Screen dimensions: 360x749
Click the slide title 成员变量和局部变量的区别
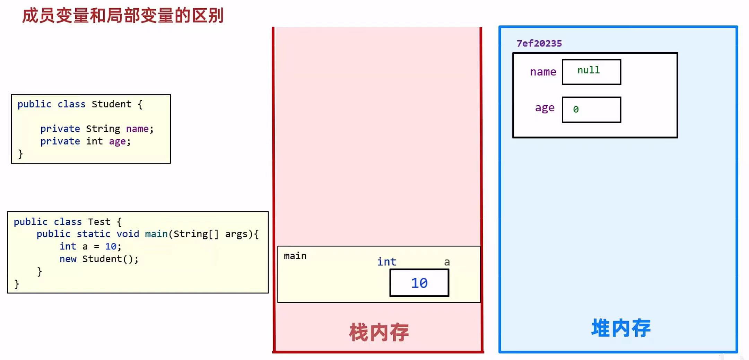click(123, 16)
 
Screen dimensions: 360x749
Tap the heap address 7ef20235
click(539, 43)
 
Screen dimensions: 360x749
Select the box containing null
click(591, 72)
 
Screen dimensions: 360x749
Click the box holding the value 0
click(591, 109)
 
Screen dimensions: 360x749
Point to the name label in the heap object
click(543, 72)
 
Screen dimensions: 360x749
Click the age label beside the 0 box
click(545, 108)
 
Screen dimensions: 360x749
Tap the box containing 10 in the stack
click(419, 283)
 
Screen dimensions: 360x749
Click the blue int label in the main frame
click(386, 262)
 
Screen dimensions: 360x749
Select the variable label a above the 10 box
click(447, 262)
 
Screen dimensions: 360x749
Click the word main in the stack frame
click(295, 256)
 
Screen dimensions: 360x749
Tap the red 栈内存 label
click(379, 332)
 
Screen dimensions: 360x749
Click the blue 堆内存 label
click(621, 328)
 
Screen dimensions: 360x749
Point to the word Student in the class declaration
click(111, 104)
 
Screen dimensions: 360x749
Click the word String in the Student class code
click(103, 129)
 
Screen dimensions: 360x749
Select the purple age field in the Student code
click(117, 141)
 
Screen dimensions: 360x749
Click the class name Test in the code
click(99, 221)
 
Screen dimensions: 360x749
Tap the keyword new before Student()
click(68, 259)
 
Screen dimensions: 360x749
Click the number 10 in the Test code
click(111, 246)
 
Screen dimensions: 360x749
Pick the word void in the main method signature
click(128, 234)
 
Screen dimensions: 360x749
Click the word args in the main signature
click(236, 234)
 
